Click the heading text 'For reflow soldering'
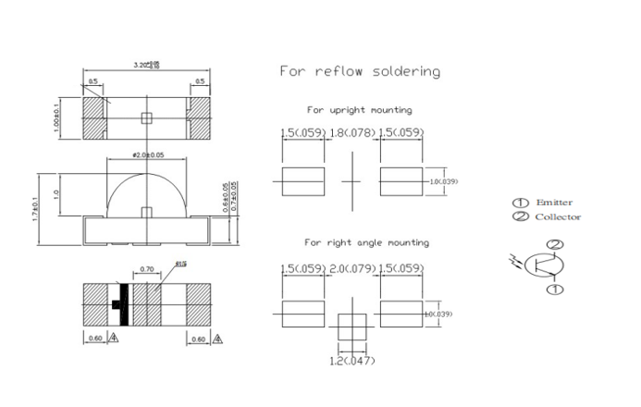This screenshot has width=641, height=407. [x=360, y=71]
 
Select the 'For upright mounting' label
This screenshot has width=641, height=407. [x=359, y=110]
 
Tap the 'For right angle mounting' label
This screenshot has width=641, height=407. [x=366, y=242]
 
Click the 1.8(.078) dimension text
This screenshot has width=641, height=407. [x=351, y=133]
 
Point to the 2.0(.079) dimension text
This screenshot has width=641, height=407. [x=351, y=268]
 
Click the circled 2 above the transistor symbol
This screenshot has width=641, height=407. [x=554, y=245]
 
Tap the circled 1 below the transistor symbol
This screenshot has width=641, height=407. [x=554, y=290]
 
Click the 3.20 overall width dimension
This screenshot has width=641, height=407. [x=147, y=65]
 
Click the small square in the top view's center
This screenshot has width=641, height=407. [x=144, y=117]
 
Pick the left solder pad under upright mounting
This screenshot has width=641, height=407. [x=302, y=180]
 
